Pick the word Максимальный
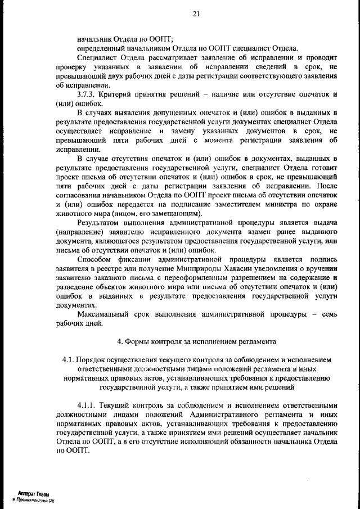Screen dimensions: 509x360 click(x=107, y=313)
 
